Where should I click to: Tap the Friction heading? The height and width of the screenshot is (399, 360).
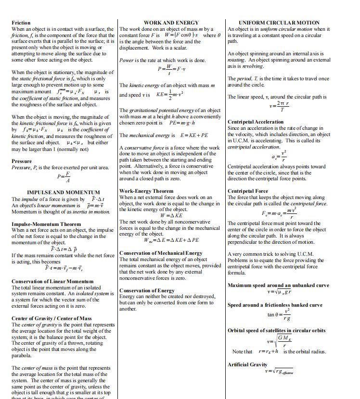(x=21, y=23)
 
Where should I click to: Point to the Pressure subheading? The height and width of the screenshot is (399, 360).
(x=22, y=161)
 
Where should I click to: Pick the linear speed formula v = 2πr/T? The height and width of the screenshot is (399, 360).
(x=279, y=106)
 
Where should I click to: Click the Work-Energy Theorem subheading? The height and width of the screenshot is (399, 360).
(x=146, y=191)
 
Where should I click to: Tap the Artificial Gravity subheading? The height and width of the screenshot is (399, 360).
(x=247, y=364)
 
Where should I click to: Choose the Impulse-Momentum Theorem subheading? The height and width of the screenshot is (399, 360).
(x=46, y=224)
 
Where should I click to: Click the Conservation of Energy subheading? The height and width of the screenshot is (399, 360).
(x=147, y=290)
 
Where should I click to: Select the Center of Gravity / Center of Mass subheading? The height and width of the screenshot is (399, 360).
(x=51, y=318)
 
